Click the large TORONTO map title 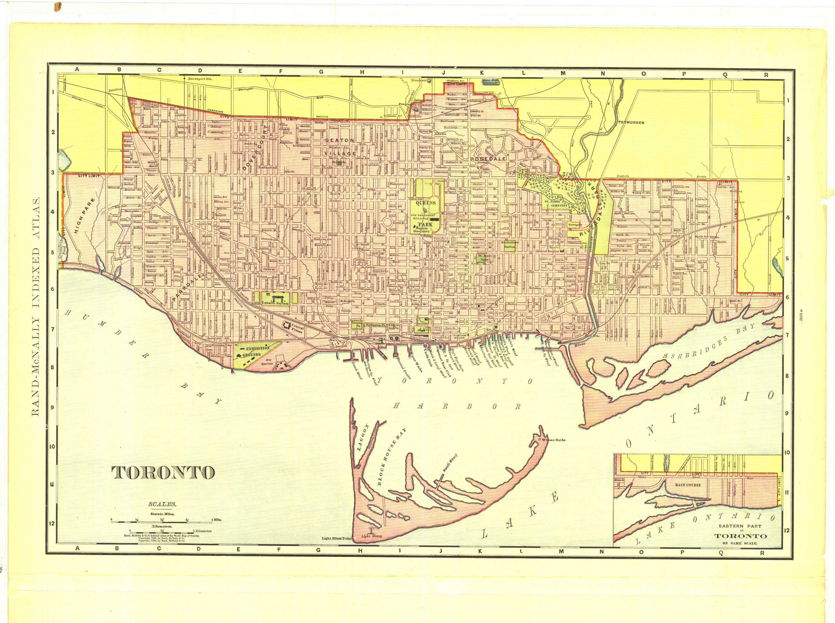tap(163, 472)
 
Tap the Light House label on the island tap(371, 536)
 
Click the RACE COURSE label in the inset tap(688, 485)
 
